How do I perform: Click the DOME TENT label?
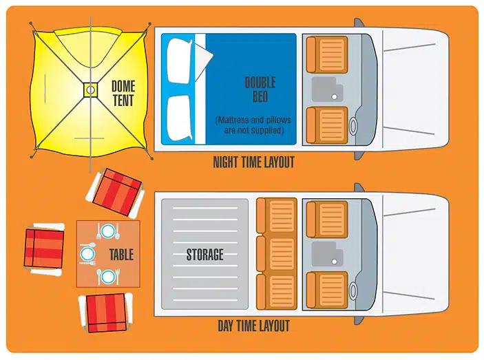[x=123, y=94]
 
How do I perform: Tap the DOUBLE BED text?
[x=260, y=89]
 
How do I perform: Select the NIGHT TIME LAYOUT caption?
[x=254, y=162]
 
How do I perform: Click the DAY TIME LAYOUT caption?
[x=254, y=326]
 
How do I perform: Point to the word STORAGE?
[x=204, y=255]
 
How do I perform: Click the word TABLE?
[x=121, y=255]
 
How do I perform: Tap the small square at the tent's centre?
[x=90, y=90]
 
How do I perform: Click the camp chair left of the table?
[x=44, y=248]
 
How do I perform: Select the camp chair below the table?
[x=105, y=313]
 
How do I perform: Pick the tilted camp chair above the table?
[x=116, y=193]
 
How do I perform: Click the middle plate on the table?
[x=87, y=254]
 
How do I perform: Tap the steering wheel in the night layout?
[x=353, y=126]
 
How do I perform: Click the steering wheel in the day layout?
[x=353, y=290]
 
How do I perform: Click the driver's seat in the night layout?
[x=327, y=125]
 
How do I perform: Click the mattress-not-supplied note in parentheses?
[x=253, y=125]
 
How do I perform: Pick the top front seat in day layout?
[x=327, y=220]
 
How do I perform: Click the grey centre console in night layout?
[x=328, y=89]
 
